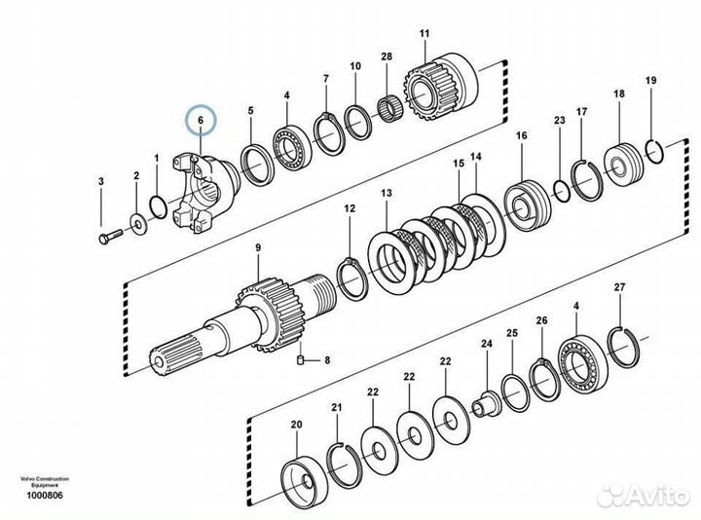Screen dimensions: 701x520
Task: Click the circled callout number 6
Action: click(x=201, y=120)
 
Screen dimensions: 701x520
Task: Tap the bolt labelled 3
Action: click(x=110, y=236)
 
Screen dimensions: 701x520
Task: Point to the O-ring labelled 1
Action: click(x=158, y=207)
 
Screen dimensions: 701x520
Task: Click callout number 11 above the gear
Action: click(x=424, y=33)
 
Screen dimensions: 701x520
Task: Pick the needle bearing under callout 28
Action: click(x=390, y=108)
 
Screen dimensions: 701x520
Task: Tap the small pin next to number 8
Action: click(x=301, y=359)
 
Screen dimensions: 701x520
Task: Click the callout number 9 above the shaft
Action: click(x=258, y=247)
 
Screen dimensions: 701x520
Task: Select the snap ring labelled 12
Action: click(x=352, y=279)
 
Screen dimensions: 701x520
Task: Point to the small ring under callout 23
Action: click(x=561, y=190)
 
